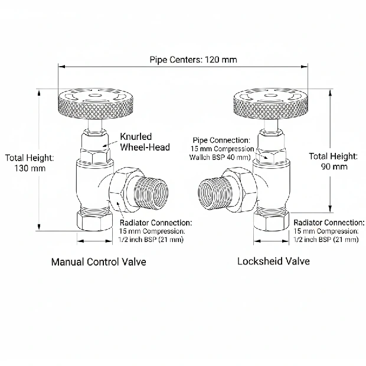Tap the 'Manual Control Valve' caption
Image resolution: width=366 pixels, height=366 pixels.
[x=99, y=261]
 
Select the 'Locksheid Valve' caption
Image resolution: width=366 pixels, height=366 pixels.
[x=273, y=260]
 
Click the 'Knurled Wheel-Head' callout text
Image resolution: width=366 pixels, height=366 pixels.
[x=145, y=142]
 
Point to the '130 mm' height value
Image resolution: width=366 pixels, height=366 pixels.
[x=30, y=168]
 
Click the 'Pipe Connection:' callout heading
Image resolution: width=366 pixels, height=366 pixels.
[x=222, y=140]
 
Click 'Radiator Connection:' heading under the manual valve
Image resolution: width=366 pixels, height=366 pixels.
[x=155, y=223]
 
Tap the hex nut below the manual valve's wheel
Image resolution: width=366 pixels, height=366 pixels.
[x=94, y=155]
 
